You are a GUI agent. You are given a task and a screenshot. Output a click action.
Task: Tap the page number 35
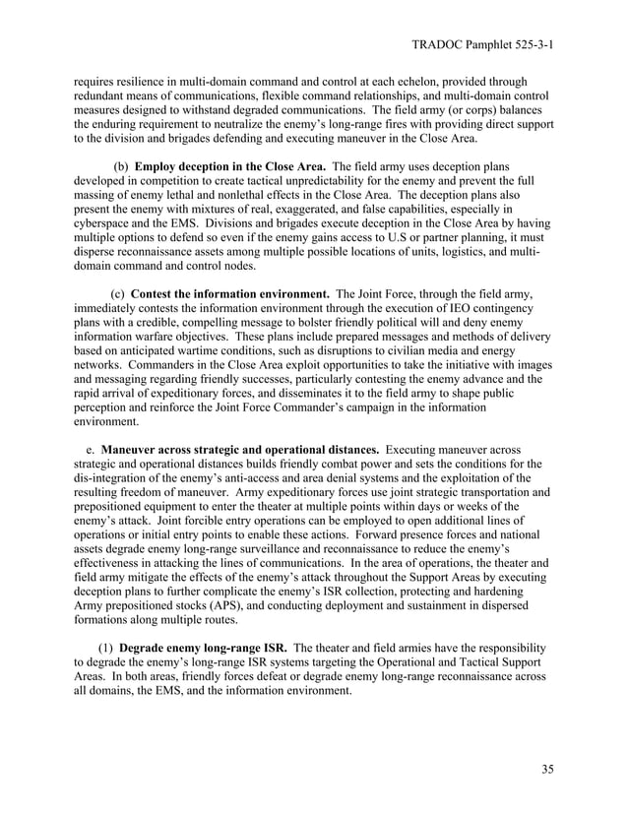click(547, 769)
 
